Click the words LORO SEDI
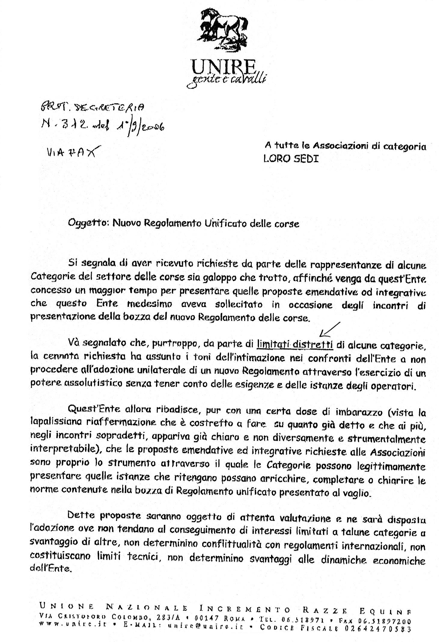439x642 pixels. [291, 159]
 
